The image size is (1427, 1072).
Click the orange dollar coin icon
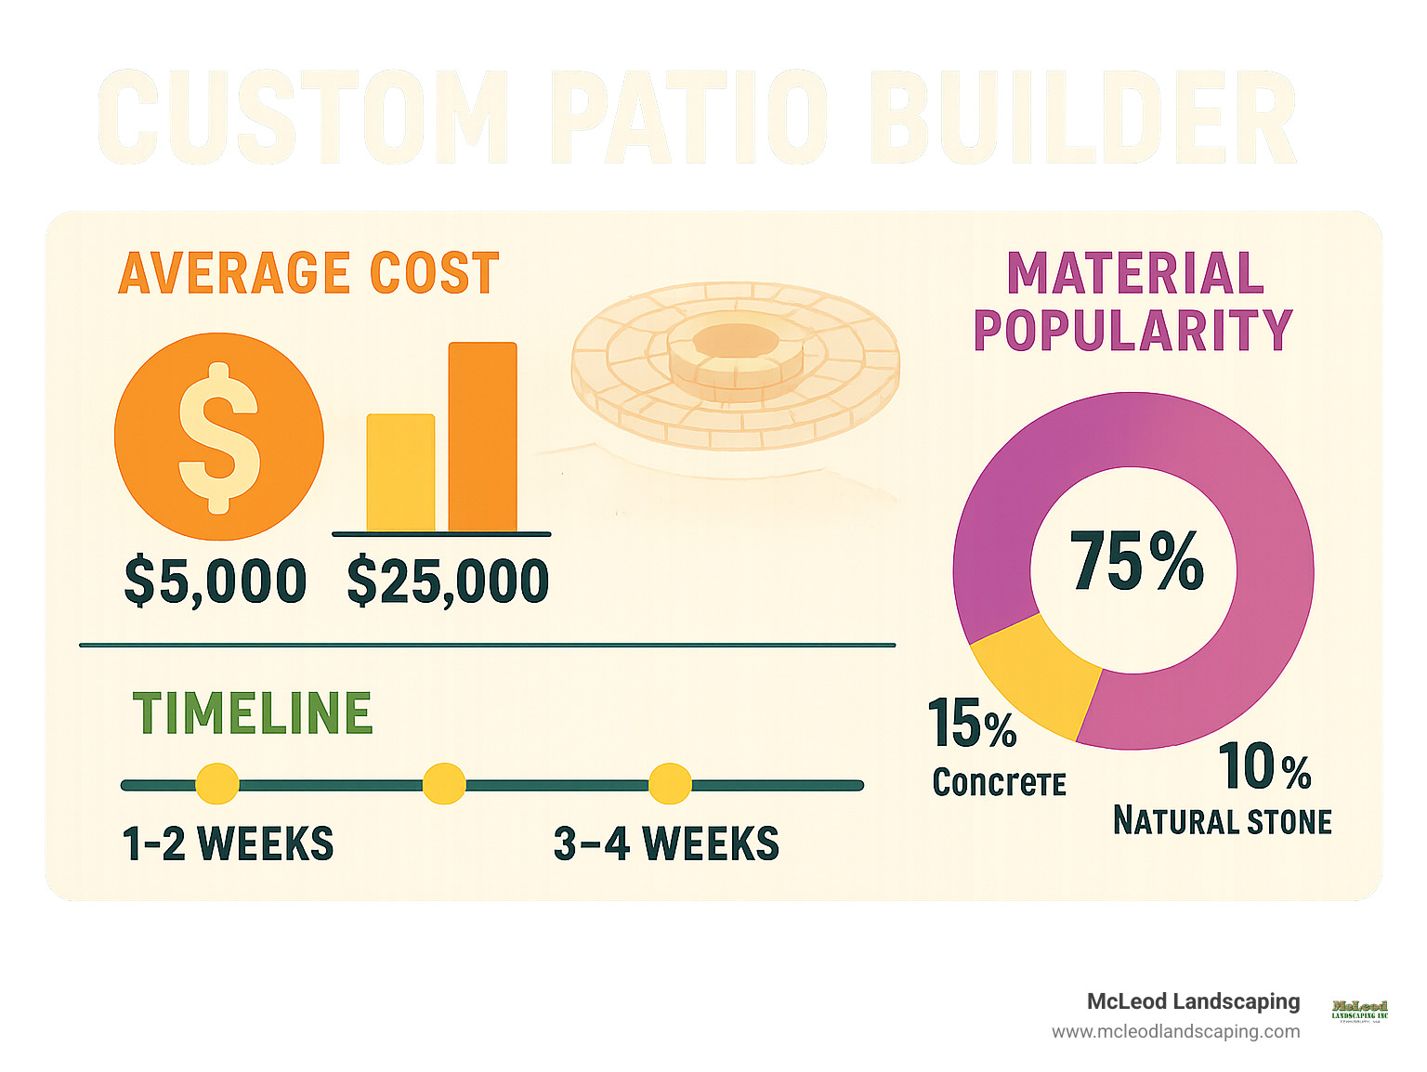tap(219, 437)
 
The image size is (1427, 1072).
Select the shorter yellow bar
tap(400, 473)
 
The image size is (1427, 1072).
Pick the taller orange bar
tap(482, 437)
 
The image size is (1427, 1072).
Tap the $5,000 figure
tap(216, 582)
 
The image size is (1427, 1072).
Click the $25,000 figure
tap(448, 582)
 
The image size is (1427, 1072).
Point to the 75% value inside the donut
tap(1136, 561)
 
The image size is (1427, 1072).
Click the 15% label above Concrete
tap(972, 724)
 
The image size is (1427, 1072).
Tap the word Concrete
tap(999, 783)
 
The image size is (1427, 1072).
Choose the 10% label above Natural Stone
tap(1263, 767)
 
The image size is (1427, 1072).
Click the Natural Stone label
tap(1223, 821)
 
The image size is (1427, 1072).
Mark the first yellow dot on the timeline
tap(216, 784)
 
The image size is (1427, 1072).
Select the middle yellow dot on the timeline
tap(444, 784)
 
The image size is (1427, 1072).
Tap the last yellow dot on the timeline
tap(670, 784)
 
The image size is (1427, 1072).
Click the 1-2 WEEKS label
tap(228, 843)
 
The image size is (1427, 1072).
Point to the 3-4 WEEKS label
tap(666, 843)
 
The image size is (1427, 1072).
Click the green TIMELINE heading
tap(253, 713)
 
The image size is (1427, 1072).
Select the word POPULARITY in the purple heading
tap(1132, 330)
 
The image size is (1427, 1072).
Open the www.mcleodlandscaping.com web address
tap(1175, 1031)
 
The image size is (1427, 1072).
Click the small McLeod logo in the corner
tap(1359, 1010)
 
